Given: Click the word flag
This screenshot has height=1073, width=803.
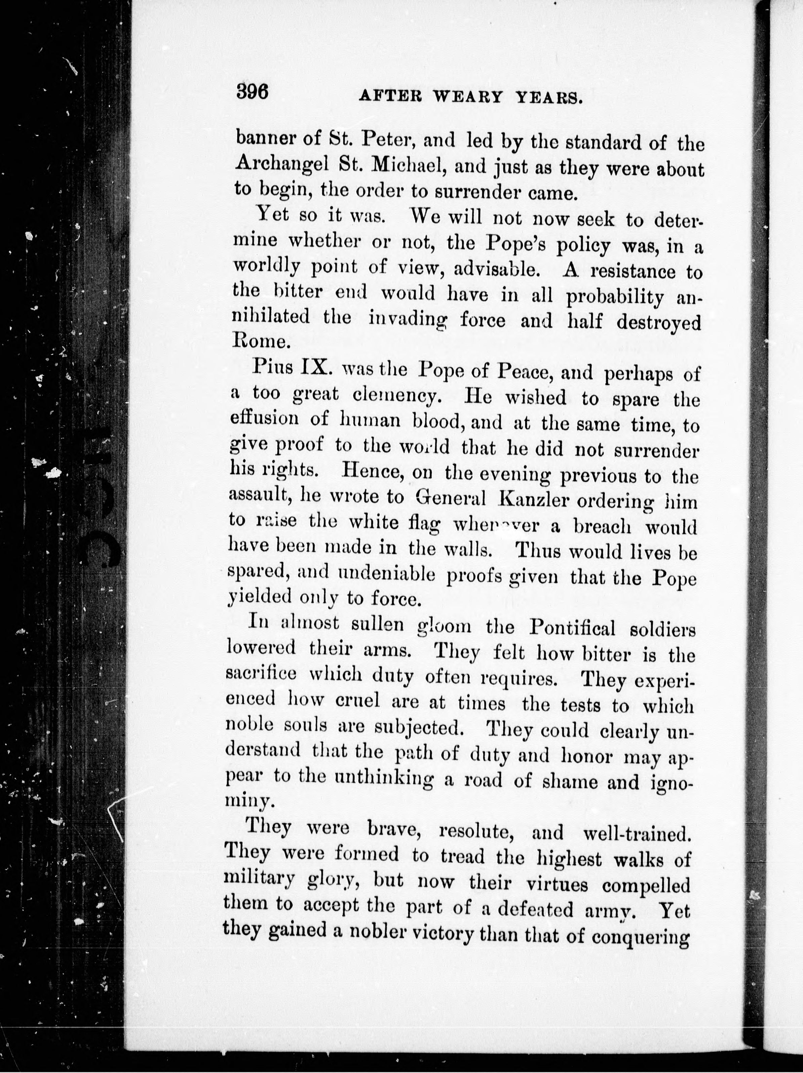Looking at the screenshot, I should click(x=423, y=524).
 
